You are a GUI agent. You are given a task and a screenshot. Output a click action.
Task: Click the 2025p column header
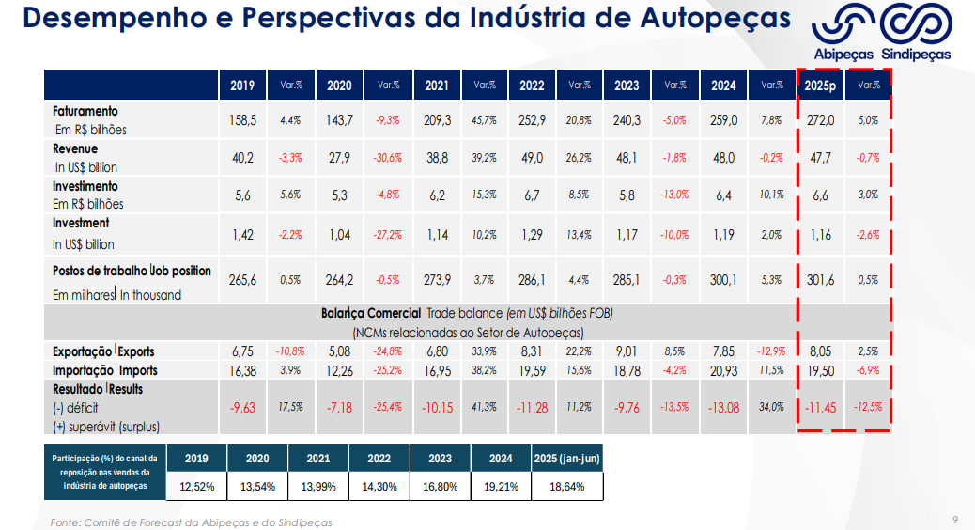pos(820,86)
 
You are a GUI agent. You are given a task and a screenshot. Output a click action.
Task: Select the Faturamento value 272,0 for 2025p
pos(820,120)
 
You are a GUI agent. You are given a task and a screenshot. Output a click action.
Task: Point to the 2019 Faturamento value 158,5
pos(242,120)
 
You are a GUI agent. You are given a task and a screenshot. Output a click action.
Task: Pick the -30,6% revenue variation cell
pos(388,157)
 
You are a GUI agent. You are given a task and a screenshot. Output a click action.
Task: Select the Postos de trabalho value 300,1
pos(723,279)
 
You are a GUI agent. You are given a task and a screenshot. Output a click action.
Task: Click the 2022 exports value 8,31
pos(532,351)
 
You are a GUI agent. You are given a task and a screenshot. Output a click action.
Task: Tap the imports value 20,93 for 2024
pos(723,370)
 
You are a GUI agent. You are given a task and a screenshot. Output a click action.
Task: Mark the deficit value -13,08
pos(723,407)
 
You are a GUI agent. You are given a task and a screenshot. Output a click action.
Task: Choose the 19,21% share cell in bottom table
pos(501,486)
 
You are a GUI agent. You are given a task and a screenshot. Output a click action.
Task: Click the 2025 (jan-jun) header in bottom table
pos(566,459)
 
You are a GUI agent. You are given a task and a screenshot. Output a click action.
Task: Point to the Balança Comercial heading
pos(371,313)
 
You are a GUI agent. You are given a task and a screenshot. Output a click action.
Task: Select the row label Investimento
pos(85,186)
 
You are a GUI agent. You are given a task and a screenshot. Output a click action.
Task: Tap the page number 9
pos(955,520)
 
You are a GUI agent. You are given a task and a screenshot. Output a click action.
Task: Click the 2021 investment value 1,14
pos(437,235)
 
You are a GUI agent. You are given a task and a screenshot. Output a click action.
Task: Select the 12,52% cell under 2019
pos(197,486)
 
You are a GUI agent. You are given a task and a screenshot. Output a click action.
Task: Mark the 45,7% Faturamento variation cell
pos(484,120)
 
